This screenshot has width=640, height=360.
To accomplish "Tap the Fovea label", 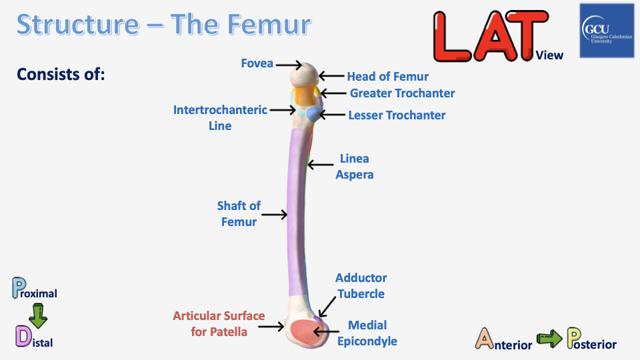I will point(257,63).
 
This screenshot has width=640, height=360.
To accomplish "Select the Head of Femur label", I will point(387,77).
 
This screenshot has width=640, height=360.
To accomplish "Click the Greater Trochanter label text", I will point(402,93).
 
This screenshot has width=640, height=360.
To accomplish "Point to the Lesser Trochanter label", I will point(397,115).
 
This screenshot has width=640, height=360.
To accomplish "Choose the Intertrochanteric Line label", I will point(220,117).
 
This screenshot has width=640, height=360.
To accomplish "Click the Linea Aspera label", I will point(354,167).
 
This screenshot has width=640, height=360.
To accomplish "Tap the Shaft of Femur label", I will point(239,214).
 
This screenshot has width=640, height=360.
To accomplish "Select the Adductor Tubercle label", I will point(361,285).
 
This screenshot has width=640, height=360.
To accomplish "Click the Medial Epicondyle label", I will point(367,333).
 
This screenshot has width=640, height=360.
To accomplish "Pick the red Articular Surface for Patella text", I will point(219,323).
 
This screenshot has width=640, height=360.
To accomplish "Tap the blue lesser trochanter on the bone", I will point(312,114).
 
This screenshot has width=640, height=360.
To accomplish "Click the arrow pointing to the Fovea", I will point(289,65).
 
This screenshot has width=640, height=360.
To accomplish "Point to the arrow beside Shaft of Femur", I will point(274,215).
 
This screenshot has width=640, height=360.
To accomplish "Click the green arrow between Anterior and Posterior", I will point(549,340).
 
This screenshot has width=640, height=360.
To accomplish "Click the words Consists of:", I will point(61,74).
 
